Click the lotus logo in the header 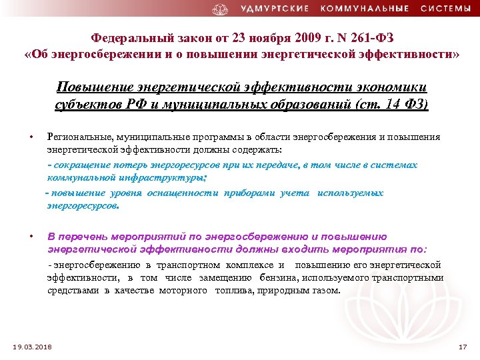coord(220,9)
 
